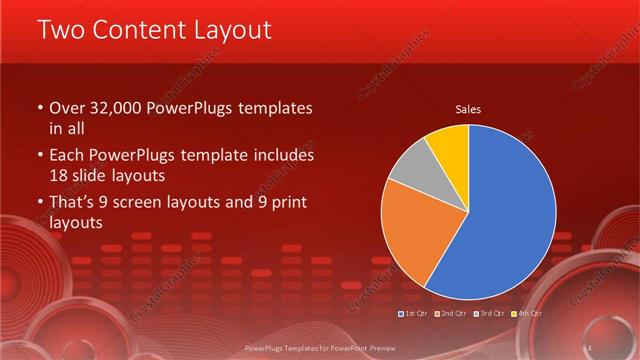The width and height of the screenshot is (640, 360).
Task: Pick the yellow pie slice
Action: coord(448,145)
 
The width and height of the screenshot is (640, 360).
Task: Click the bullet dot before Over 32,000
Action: coord(40,108)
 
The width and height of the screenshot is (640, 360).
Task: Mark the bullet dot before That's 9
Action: coord(40,204)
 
